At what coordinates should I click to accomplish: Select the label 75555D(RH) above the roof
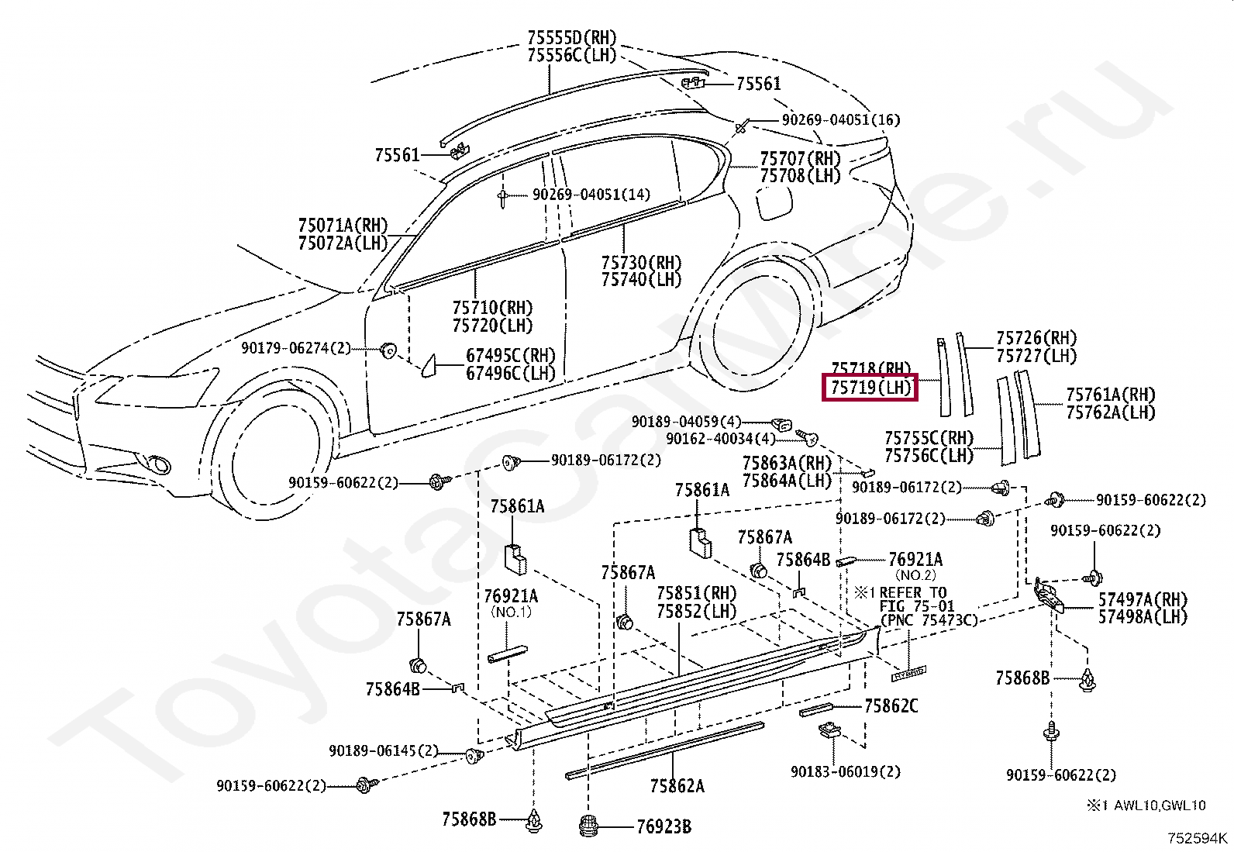click(x=572, y=37)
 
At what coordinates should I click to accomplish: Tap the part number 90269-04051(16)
click(x=841, y=119)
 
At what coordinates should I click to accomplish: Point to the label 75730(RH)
click(x=641, y=262)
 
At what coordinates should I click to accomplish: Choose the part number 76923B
click(x=664, y=826)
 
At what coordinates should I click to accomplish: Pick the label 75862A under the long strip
click(x=677, y=785)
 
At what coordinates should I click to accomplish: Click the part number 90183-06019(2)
click(x=846, y=772)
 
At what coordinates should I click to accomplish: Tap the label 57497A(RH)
click(x=1143, y=599)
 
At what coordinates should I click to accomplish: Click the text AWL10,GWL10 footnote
click(x=1160, y=805)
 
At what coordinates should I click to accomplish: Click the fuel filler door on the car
click(x=774, y=202)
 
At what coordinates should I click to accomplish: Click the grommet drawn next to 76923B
click(x=589, y=826)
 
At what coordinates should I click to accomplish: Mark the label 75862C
click(x=891, y=706)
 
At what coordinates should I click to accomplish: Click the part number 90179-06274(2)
click(x=296, y=348)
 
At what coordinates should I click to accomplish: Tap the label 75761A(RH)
click(x=1111, y=395)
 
